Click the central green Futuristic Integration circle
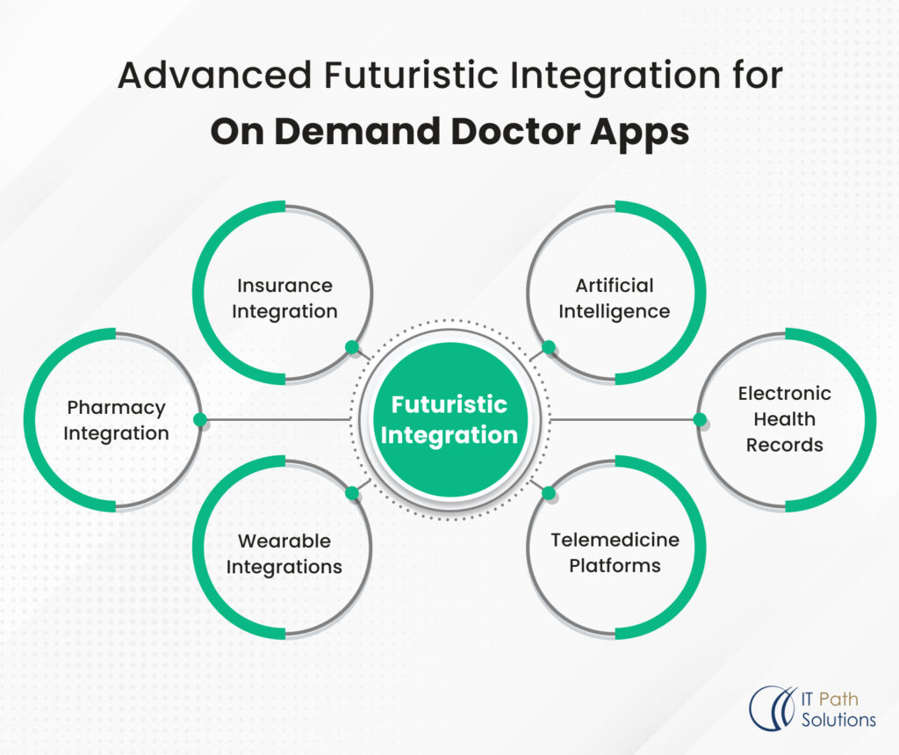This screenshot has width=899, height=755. (x=449, y=419)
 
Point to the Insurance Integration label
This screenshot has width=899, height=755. (x=284, y=298)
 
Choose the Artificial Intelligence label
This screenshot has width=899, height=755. (x=614, y=298)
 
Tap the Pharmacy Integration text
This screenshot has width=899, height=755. (x=116, y=420)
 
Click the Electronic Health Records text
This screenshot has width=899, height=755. (x=784, y=419)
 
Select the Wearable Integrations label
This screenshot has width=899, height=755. (x=284, y=554)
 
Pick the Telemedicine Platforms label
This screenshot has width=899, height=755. (x=615, y=552)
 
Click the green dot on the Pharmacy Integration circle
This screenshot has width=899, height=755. (x=200, y=419)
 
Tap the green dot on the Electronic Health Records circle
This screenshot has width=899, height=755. (x=700, y=419)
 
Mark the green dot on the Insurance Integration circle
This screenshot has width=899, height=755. (x=352, y=347)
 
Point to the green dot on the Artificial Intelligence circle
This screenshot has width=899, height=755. (x=549, y=347)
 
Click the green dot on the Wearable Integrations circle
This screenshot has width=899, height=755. (x=352, y=493)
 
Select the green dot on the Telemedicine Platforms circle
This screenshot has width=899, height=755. (x=549, y=493)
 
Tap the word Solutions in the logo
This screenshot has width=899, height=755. (x=839, y=720)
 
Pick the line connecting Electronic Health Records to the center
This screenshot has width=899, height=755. (x=623, y=419)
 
